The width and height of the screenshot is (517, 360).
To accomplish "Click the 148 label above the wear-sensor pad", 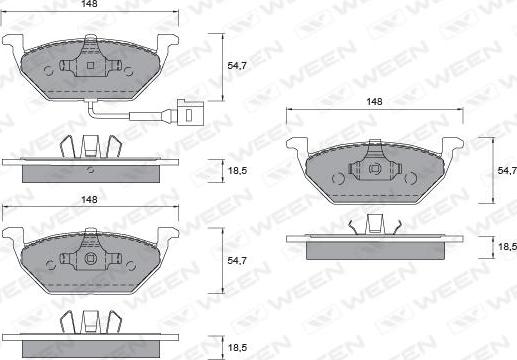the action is [x=89, y=4].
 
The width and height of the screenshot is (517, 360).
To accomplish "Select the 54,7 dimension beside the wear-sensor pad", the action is [x=237, y=66].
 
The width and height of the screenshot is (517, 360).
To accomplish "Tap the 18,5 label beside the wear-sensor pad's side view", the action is [x=237, y=171].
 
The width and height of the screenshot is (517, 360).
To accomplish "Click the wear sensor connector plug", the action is [x=191, y=112].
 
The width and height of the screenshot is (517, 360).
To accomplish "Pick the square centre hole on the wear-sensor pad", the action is [x=90, y=65].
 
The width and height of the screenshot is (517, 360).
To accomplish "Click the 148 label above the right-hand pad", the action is [x=374, y=102].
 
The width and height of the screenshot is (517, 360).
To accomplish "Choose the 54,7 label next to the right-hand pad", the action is [x=507, y=171].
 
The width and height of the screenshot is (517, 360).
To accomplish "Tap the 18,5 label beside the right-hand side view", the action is [x=507, y=247].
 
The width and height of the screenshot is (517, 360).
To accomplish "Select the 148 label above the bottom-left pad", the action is [x=89, y=199].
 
